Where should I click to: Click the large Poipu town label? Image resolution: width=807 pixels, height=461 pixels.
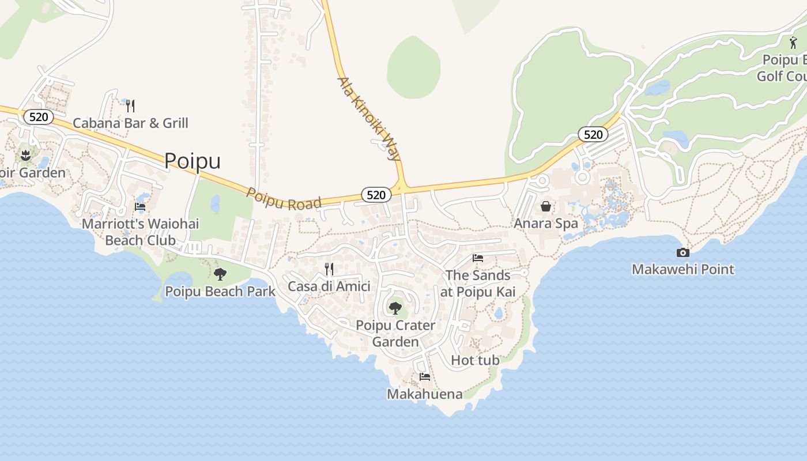click(x=193, y=161)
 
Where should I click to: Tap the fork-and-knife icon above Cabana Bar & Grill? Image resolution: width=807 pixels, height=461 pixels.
click(x=130, y=105)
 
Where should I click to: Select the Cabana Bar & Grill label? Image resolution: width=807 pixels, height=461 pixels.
click(x=130, y=123)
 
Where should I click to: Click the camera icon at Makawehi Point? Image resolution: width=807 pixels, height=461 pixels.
click(x=682, y=252)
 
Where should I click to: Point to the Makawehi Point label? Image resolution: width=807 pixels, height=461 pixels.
click(x=683, y=269)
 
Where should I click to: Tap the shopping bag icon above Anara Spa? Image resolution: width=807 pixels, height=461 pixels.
click(x=545, y=206)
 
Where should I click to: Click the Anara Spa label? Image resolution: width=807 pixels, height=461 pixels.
click(x=545, y=223)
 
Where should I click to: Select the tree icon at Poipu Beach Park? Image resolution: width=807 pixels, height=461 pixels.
click(x=220, y=274)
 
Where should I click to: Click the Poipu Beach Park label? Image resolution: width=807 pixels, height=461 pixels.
click(x=220, y=292)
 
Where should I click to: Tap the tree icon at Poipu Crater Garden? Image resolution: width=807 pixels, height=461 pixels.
click(x=395, y=308)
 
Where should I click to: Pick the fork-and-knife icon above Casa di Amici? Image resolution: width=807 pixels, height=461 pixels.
click(x=329, y=269)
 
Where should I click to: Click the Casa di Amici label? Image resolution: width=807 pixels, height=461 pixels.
click(x=329, y=286)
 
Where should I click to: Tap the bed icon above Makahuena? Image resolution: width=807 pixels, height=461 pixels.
click(x=425, y=377)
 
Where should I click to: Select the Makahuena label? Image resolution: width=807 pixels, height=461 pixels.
click(x=424, y=394)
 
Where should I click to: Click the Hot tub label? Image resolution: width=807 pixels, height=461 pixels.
click(x=475, y=360)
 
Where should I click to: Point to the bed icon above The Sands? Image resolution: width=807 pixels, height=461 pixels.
click(x=477, y=258)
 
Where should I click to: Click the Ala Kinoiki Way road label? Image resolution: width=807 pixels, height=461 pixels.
click(x=369, y=119)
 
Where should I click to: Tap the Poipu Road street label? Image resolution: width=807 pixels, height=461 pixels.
click(x=284, y=198)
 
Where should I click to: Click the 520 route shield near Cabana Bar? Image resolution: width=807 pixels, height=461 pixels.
click(x=39, y=117)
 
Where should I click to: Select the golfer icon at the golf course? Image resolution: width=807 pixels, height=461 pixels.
click(x=794, y=43)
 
